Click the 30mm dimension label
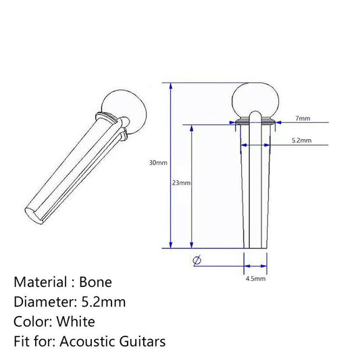coord(158,163)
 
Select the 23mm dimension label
coord(182,184)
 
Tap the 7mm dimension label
coord(303,118)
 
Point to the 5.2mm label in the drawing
coord(301,140)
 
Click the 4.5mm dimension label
coord(255,278)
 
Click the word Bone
coord(96,282)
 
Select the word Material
coord(41,282)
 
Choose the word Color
coord(30,322)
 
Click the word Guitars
coord(141,341)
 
